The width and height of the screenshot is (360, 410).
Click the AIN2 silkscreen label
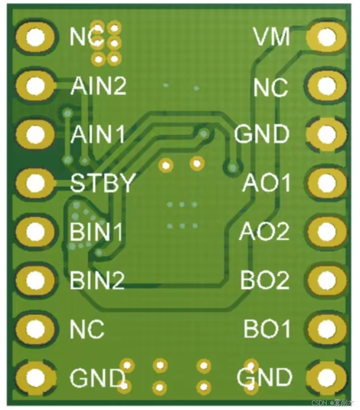tap(98, 86)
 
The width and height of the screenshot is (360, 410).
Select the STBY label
tap(103, 183)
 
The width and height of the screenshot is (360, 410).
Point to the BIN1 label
tap(96, 232)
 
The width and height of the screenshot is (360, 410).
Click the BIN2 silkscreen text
tap(97, 281)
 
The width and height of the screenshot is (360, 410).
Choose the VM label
tap(272, 37)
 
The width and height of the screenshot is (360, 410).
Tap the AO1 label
tap(266, 183)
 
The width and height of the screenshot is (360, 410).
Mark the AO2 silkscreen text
tap(264, 232)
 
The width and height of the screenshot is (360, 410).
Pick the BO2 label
tap(265, 281)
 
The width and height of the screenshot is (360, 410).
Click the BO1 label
tap(267, 330)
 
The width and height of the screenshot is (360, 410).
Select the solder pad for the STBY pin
tap(35, 184)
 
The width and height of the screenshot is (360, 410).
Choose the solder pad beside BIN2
tap(35, 281)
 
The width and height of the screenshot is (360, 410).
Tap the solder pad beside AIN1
tap(35, 135)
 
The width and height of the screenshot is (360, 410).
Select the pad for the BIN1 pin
tap(35, 232)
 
